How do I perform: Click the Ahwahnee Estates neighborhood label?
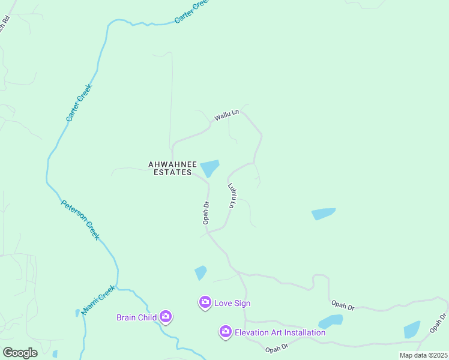pyautogui.click(x=170, y=168)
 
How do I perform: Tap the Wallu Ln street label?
pyautogui.click(x=227, y=114)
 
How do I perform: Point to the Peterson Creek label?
pyautogui.click(x=80, y=220)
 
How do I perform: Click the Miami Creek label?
pyautogui.click(x=98, y=301)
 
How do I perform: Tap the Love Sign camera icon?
pyautogui.click(x=205, y=302)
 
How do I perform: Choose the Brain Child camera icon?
pyautogui.click(x=166, y=317)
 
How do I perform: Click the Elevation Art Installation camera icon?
pyautogui.click(x=226, y=332)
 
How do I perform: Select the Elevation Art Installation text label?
pyautogui.click(x=280, y=332)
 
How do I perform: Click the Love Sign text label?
pyautogui.click(x=232, y=303)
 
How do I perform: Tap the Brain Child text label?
pyautogui.click(x=136, y=317)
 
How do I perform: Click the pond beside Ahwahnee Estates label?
pyautogui.click(x=209, y=168)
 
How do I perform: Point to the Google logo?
pyautogui.click(x=20, y=353)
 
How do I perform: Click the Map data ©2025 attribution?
pyautogui.click(x=423, y=355)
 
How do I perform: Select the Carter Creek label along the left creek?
pyautogui.click(x=78, y=103)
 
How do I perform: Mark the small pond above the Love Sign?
pyautogui.click(x=200, y=273)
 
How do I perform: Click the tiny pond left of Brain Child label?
pyautogui.click(x=77, y=313)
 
